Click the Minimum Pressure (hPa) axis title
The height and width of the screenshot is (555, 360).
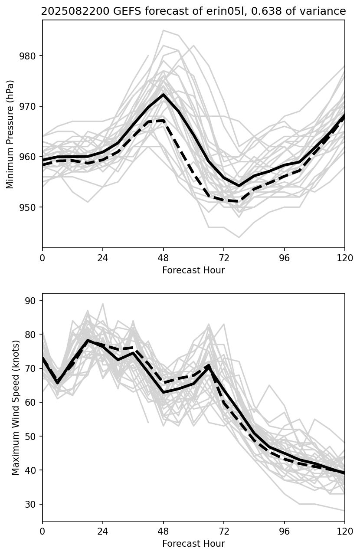(x=10, y=134)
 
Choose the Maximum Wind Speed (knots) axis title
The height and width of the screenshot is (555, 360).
(x=16, y=407)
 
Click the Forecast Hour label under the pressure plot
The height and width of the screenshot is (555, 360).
(x=193, y=270)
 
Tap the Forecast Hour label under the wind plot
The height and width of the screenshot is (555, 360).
(x=193, y=544)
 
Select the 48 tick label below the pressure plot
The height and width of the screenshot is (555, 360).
(x=163, y=258)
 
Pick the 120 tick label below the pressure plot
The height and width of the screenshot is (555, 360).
(x=345, y=258)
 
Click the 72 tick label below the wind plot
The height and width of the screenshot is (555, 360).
(x=224, y=531)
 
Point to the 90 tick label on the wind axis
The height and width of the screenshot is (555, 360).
(x=33, y=301)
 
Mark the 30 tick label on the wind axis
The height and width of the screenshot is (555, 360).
(x=33, y=504)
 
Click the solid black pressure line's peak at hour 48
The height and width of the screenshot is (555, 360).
(x=163, y=95)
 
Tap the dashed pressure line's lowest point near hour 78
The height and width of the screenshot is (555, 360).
(x=239, y=201)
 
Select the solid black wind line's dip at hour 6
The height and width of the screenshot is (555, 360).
(x=58, y=383)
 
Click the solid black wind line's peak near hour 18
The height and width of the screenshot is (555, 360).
(x=88, y=340)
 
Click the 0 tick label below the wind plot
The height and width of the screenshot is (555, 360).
(x=43, y=531)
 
